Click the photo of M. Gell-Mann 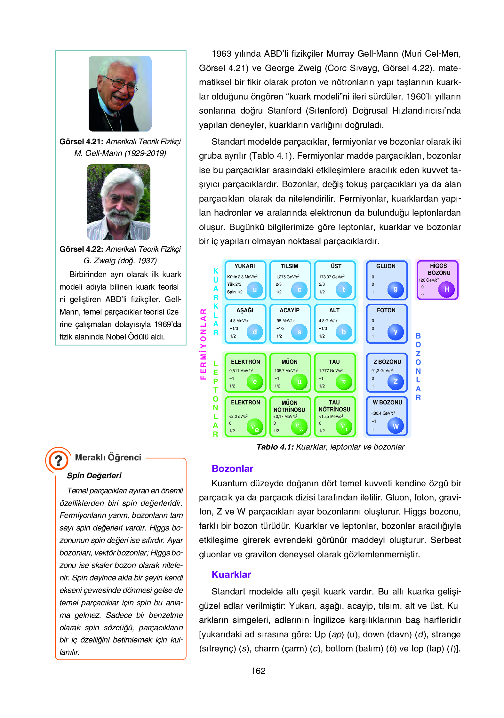click(x=120, y=93)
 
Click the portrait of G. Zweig click(x=119, y=202)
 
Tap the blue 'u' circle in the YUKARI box click(x=255, y=290)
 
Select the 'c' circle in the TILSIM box click(x=299, y=290)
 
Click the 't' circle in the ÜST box click(x=344, y=290)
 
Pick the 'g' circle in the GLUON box click(x=396, y=290)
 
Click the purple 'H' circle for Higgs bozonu click(x=446, y=289)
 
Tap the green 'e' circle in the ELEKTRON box click(x=255, y=382)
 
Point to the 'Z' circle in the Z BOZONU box click(x=396, y=381)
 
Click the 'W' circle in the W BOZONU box click(x=396, y=426)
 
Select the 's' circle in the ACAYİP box click(x=299, y=332)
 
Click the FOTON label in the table click(x=386, y=310)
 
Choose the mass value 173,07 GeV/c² click(x=332, y=277)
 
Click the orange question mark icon click(x=58, y=460)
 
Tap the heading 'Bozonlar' click(x=232, y=469)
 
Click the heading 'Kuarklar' click(x=231, y=575)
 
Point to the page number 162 click(x=258, y=671)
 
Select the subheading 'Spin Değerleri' click(x=94, y=476)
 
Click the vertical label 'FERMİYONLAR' click(x=203, y=344)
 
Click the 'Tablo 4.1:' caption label click(x=275, y=447)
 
